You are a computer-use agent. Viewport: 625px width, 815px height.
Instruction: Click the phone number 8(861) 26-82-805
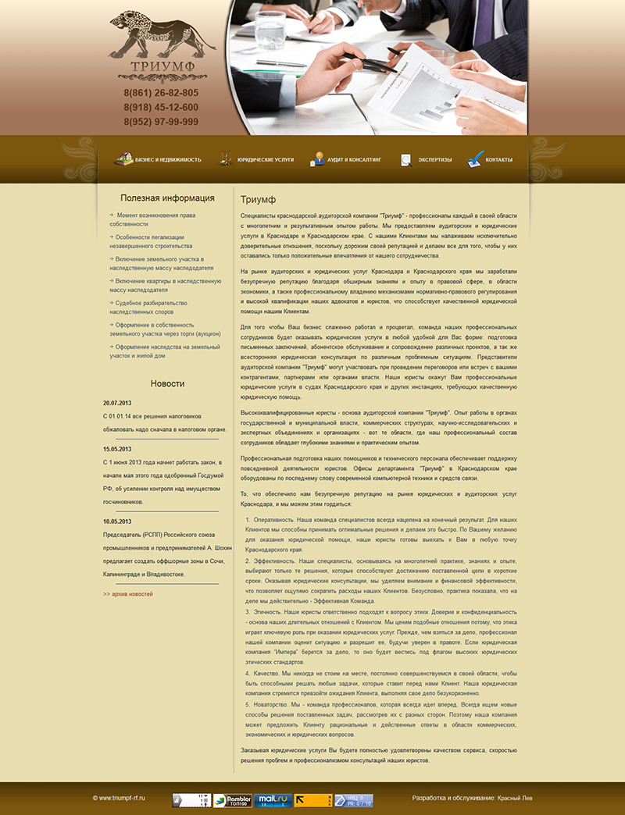(161, 93)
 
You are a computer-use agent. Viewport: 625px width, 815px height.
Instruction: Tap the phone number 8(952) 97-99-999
(161, 122)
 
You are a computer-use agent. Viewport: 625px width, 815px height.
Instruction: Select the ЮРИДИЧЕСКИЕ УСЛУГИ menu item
(257, 159)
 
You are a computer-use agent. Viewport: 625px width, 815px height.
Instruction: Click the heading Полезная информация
(167, 198)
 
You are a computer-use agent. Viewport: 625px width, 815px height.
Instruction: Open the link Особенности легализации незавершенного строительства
(150, 241)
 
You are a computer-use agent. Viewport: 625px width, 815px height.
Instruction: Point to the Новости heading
(167, 383)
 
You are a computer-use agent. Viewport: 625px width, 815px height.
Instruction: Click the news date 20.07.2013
(117, 403)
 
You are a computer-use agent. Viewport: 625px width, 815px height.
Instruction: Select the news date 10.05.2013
(117, 521)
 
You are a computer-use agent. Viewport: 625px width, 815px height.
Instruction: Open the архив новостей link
(128, 594)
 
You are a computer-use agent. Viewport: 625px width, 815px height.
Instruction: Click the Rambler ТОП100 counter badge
(231, 799)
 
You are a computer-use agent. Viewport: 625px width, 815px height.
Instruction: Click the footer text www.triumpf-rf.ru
(119, 798)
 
